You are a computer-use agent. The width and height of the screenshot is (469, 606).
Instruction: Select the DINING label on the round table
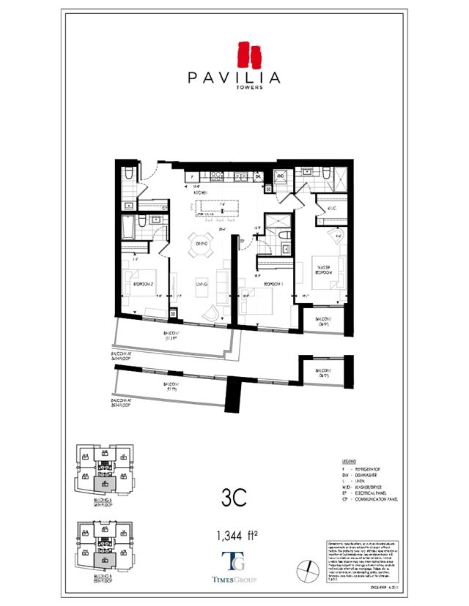click(201, 244)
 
